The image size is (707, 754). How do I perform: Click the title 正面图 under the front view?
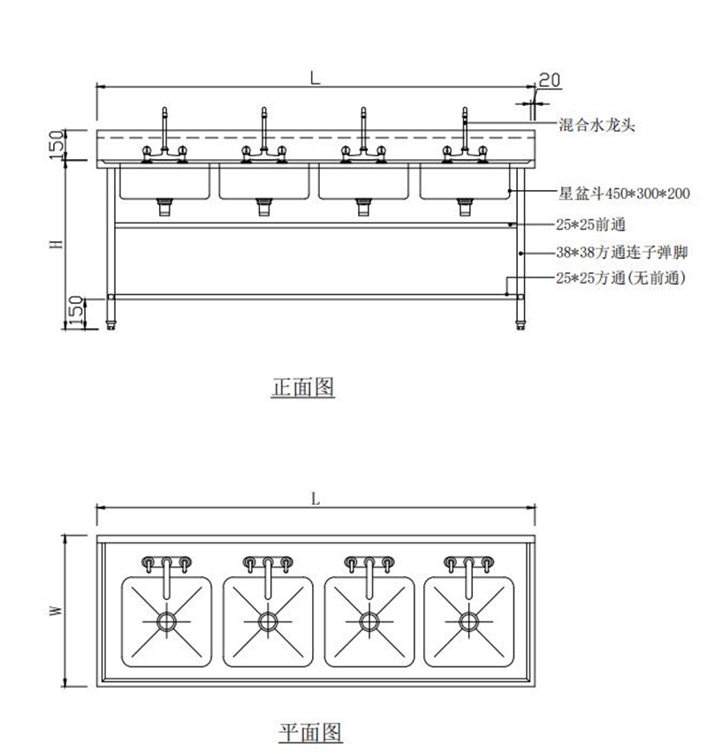(x=302, y=387)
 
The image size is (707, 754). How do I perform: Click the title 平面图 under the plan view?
(x=310, y=732)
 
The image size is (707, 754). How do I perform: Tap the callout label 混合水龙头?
(x=597, y=126)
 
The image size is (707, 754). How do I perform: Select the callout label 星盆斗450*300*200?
(x=624, y=192)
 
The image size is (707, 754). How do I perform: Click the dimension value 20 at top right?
(x=549, y=80)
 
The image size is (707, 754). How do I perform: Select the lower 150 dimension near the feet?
(x=77, y=309)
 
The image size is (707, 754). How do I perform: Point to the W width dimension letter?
(x=55, y=610)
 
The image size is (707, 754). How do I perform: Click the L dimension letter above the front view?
(x=315, y=78)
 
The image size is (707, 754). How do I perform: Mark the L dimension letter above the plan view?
(x=315, y=499)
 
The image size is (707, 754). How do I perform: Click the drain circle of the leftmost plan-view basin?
(x=166, y=621)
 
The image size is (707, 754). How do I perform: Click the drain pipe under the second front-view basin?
(x=264, y=207)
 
